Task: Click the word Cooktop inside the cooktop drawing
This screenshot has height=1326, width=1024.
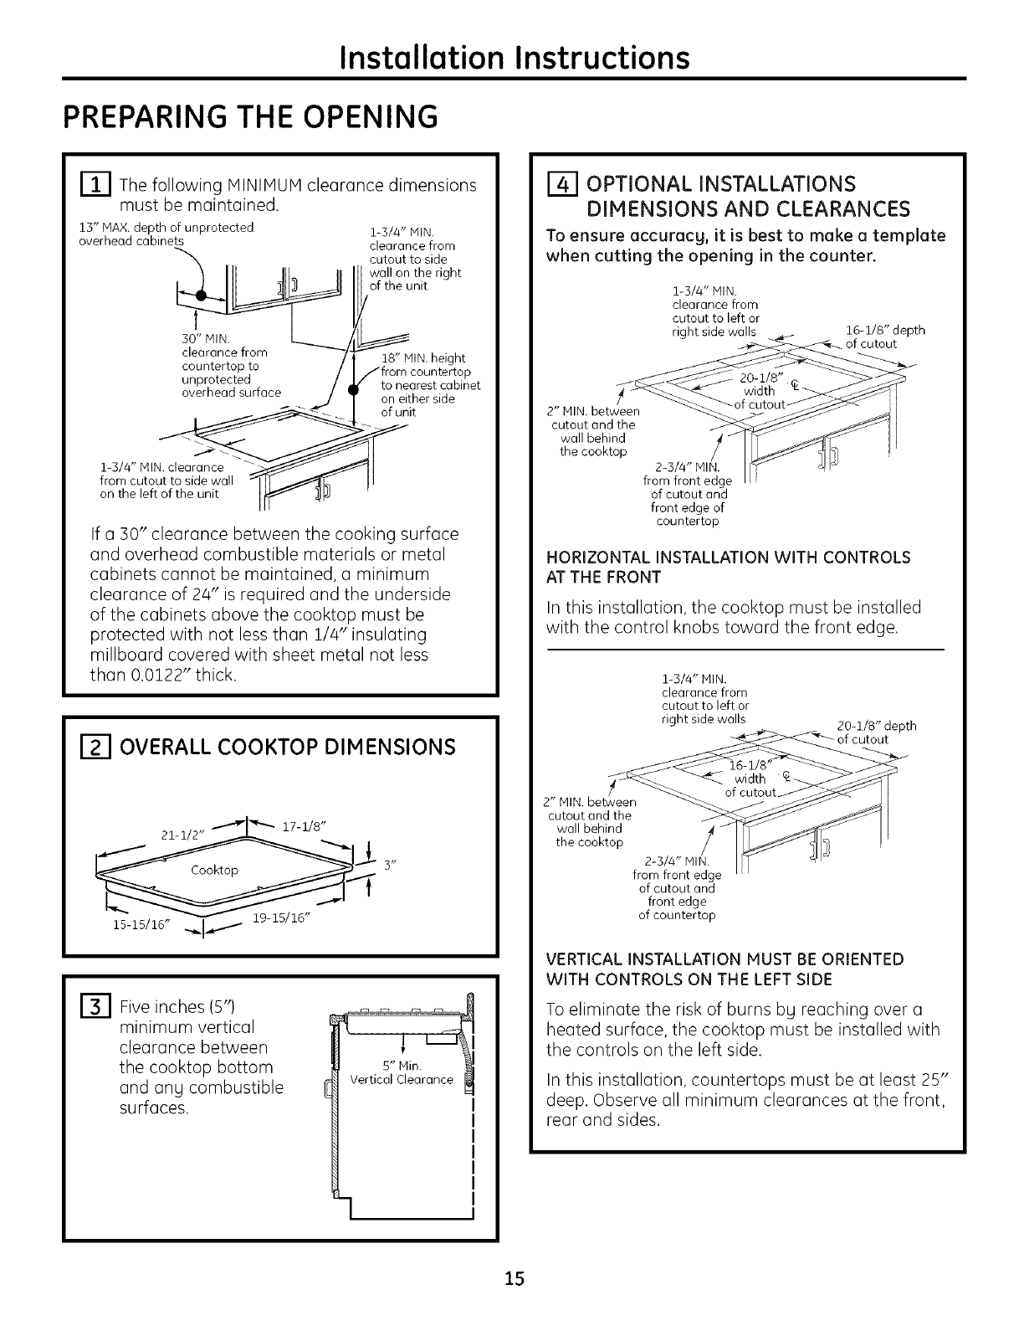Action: coord(214,871)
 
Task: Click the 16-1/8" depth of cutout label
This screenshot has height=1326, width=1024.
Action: coord(875,337)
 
